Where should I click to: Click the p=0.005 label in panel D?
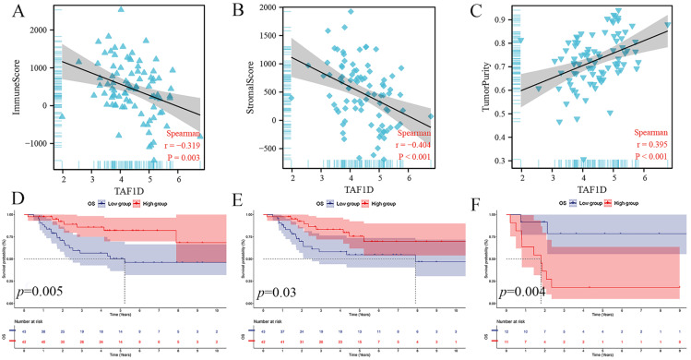(42, 291)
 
